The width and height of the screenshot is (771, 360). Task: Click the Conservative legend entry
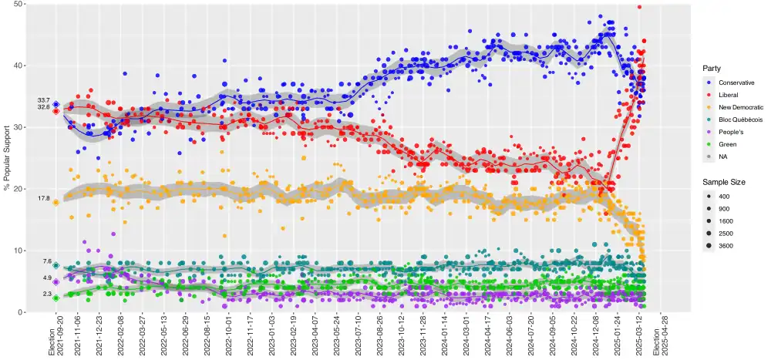(736, 82)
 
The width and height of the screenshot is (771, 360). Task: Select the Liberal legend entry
(729, 95)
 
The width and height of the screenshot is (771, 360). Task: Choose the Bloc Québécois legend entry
(740, 119)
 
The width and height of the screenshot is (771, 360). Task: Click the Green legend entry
(727, 144)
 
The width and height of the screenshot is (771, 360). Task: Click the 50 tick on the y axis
(18, 5)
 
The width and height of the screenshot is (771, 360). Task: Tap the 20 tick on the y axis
(18, 189)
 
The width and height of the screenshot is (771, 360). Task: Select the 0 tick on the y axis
(20, 312)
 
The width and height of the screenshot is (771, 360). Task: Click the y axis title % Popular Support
(7, 158)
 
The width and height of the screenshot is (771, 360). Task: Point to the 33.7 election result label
(43, 100)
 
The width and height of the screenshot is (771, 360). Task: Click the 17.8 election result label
(43, 199)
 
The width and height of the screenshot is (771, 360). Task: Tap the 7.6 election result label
(46, 262)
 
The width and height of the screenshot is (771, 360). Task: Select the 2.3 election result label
(46, 294)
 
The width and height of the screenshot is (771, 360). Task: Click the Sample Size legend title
(723, 181)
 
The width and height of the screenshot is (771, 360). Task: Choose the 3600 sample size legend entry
(726, 246)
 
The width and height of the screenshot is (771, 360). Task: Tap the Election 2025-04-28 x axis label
(660, 337)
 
